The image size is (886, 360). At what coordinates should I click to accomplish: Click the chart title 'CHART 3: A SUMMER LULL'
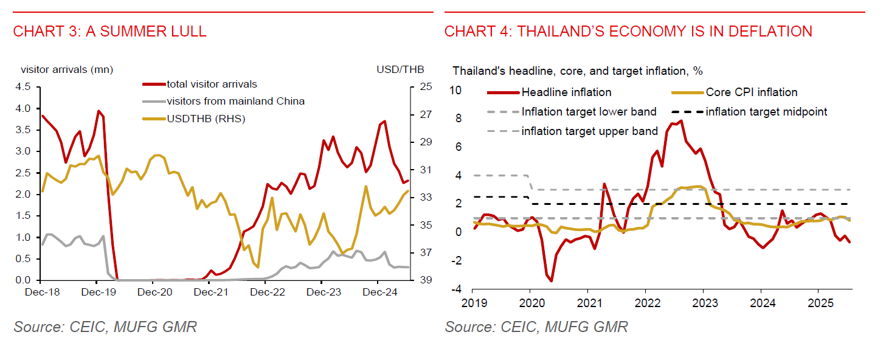(109, 32)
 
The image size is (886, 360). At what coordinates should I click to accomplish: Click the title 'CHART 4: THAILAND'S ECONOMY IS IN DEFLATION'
(628, 32)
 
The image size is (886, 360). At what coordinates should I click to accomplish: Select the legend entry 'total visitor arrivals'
(212, 85)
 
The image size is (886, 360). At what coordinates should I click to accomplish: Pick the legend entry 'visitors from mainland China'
(235, 101)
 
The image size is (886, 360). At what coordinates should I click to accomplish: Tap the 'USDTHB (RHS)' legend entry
(206, 119)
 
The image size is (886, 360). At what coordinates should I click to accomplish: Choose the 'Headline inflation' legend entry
(566, 92)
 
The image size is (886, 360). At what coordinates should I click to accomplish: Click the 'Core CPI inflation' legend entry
(752, 92)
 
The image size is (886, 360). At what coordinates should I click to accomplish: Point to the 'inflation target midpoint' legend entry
(766, 112)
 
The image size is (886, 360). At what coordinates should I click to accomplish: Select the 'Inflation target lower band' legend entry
(589, 112)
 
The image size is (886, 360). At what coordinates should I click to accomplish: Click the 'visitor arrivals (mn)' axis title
(67, 70)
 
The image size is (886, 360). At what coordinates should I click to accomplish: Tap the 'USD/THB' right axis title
(400, 70)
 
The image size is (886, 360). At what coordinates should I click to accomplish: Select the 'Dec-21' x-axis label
(209, 292)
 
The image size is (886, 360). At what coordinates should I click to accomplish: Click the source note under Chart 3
(105, 327)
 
